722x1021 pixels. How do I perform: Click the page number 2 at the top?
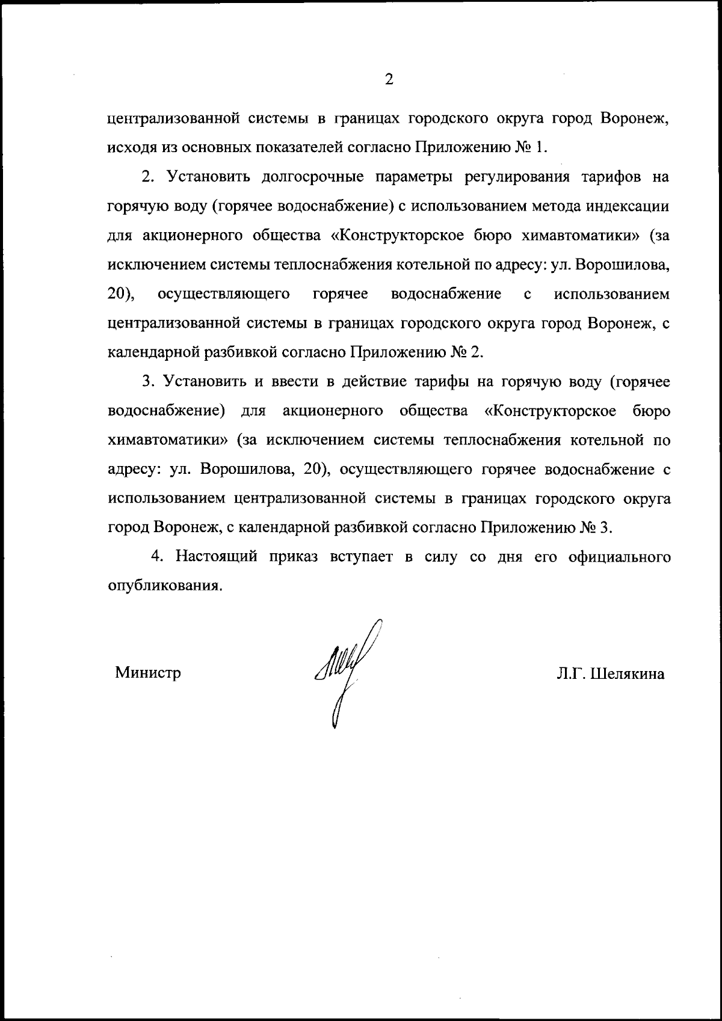389,79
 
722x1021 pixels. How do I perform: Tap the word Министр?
148,673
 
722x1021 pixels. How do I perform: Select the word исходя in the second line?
128,147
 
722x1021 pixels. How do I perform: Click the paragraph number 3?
147,381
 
